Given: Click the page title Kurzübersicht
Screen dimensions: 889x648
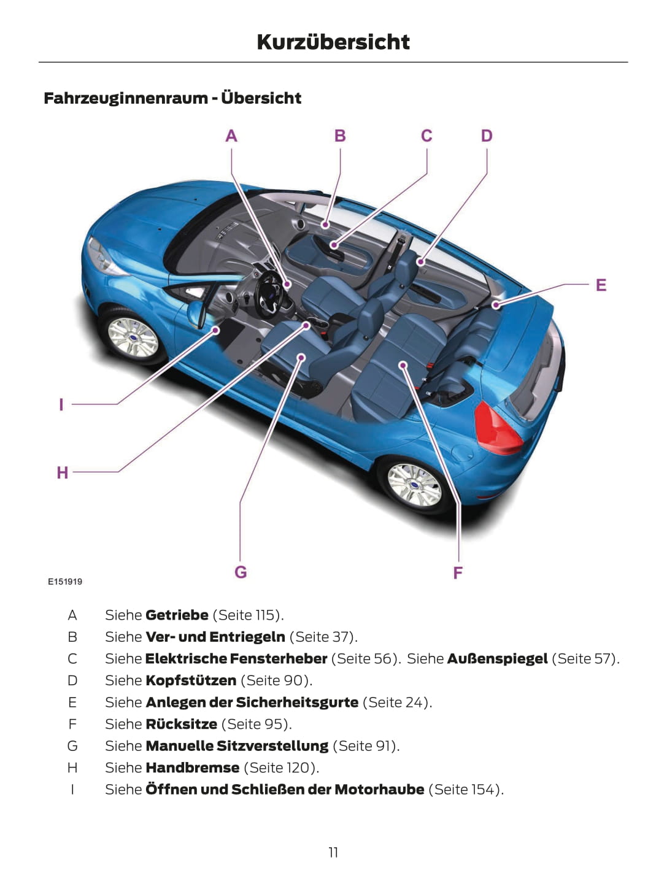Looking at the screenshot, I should tap(333, 42).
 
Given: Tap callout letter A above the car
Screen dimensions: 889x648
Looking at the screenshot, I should tap(231, 136).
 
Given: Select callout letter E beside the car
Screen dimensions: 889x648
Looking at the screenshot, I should tap(601, 285).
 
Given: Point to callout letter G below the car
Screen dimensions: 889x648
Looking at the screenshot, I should tap(241, 572).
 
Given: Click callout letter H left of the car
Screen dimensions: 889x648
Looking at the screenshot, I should tap(63, 472).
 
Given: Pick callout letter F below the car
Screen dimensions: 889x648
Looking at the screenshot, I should tap(458, 573).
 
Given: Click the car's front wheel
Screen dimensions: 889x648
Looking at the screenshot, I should tap(132, 337).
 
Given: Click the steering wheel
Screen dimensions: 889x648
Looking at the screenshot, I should tap(270, 293).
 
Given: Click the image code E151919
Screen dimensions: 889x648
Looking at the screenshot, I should tap(65, 582).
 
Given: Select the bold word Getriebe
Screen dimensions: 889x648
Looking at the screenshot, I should tap(177, 615).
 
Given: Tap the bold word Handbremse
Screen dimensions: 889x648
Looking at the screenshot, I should tap(192, 768).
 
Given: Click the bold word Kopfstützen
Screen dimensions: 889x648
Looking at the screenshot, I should tap(190, 680).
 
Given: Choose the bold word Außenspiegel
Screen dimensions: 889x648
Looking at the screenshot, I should tap(497, 658).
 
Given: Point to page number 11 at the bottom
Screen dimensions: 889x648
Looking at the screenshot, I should tap(333, 852).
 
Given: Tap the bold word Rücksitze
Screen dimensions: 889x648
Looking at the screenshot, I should tap(181, 724).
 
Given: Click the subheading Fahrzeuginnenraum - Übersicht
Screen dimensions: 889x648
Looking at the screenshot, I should tap(172, 98).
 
